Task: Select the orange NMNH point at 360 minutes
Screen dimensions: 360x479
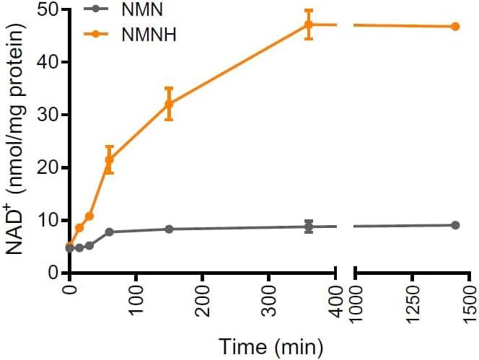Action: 309,25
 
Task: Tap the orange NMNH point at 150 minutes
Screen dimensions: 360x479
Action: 169,104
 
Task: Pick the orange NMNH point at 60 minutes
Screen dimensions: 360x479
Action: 109,159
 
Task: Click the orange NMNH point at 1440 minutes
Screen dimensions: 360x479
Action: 455,27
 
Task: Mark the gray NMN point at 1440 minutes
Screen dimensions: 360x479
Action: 455,225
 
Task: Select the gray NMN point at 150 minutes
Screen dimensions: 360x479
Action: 169,229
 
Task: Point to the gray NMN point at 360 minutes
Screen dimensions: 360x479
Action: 309,227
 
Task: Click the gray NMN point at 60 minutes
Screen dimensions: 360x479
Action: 109,232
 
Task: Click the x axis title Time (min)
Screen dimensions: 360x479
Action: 263,345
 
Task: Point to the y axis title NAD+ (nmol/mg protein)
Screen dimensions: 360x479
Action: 16,137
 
